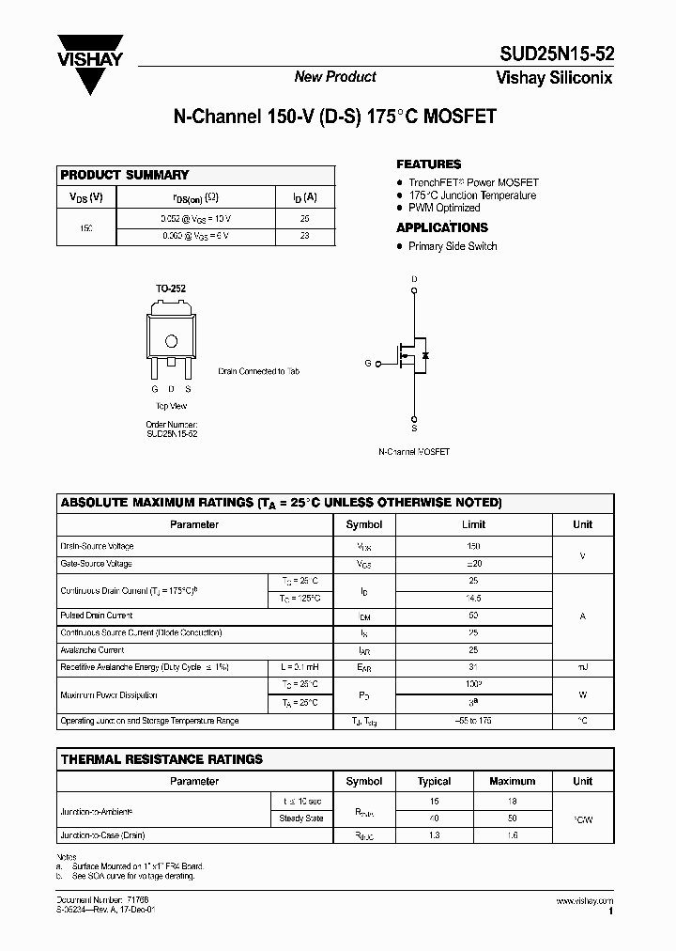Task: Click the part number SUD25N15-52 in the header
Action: tap(554, 55)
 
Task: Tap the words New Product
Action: tap(335, 77)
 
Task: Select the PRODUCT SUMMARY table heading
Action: tap(125, 175)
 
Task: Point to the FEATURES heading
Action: tap(428, 164)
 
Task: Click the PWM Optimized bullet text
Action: tap(444, 208)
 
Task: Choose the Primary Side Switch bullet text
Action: tap(453, 246)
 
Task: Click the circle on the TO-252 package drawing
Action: tap(171, 341)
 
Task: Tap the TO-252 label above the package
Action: tap(171, 289)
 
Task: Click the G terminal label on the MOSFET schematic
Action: tap(368, 363)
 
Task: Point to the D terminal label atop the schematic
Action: tap(414, 279)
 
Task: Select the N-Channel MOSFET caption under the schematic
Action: tap(414, 452)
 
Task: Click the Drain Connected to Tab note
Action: tap(259, 372)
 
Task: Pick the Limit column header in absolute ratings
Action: tap(473, 524)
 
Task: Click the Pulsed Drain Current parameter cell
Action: tap(97, 616)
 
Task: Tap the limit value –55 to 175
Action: tap(473, 721)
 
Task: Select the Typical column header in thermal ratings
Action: tap(434, 781)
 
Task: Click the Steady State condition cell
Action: tap(301, 818)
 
